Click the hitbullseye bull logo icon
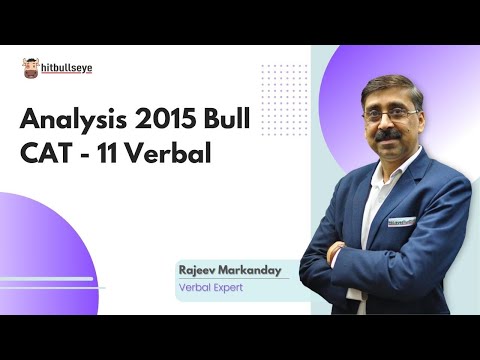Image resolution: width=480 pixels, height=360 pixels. click(31, 68)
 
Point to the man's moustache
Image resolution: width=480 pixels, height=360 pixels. click(389, 134)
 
